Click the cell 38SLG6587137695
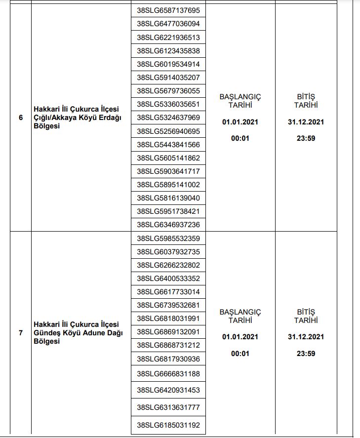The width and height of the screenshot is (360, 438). [168, 10]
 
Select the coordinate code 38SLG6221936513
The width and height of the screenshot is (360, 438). [168, 38]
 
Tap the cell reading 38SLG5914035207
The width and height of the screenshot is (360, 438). [168, 78]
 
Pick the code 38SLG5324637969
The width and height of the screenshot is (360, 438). [168, 118]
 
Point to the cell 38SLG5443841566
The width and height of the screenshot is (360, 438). [168, 145]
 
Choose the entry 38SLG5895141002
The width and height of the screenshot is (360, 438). [168, 185]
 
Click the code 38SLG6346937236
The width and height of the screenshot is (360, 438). [168, 225]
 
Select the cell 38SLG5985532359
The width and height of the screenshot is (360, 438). [168, 239]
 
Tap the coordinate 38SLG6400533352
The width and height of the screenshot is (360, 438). [168, 279]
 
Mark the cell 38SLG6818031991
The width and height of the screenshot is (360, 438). [168, 319]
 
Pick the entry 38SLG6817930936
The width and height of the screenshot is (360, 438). [168, 358]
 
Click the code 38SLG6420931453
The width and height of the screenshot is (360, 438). [168, 390]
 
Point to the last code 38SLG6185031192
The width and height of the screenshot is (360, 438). [168, 424]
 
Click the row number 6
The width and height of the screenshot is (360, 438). [21, 118]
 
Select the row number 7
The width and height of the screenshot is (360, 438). [21, 333]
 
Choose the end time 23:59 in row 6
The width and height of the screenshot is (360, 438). [306, 138]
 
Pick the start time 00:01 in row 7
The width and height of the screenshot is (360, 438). [240, 354]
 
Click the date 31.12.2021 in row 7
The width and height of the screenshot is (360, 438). [306, 337]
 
